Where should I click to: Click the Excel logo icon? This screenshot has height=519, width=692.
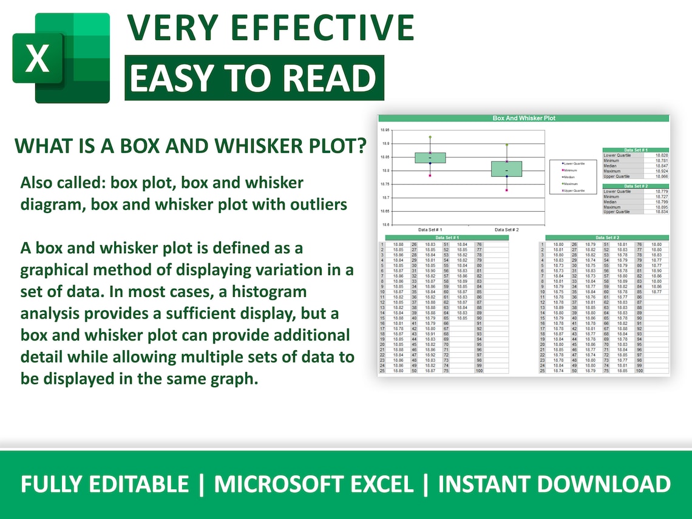(61, 58)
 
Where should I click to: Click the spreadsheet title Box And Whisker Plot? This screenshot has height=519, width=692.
(523, 118)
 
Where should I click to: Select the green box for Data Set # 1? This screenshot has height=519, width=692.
(430, 158)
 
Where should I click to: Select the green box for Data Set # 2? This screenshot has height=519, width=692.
(507, 169)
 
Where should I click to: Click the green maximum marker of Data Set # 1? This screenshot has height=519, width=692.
(430, 137)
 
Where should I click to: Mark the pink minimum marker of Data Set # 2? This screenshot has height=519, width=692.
(507, 190)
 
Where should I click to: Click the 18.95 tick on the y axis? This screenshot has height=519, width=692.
(385, 131)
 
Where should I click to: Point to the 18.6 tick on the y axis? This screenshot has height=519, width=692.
(385, 225)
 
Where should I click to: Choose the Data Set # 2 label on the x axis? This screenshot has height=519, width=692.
(507, 230)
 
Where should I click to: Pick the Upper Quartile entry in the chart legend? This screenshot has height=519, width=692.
(573, 191)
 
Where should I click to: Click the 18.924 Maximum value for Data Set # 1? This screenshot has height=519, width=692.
(661, 171)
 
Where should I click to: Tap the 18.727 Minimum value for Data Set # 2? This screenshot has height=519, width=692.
(661, 197)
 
